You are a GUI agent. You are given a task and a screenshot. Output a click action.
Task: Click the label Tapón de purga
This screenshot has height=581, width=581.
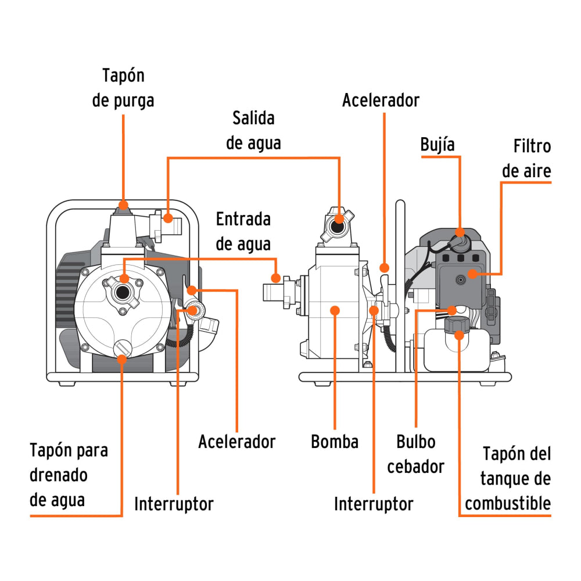(123, 88)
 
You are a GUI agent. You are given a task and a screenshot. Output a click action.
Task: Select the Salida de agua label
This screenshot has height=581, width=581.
(253, 131)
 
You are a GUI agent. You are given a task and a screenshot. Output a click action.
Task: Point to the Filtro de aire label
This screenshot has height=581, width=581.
(526, 159)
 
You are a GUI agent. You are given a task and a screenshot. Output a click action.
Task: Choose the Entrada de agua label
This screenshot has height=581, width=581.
(243, 231)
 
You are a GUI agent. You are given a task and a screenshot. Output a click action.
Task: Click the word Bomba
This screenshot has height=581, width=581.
(335, 442)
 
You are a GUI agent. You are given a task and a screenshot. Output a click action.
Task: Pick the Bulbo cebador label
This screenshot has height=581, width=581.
(416, 454)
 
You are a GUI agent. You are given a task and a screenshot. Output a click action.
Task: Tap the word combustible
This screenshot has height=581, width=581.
(507, 503)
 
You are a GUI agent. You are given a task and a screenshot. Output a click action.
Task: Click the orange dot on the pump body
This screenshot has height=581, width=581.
(335, 311)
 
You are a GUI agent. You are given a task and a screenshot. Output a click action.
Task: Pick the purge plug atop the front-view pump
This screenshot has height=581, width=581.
(123, 206)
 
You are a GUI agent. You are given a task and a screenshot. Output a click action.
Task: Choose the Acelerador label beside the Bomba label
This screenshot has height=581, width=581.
(236, 442)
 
